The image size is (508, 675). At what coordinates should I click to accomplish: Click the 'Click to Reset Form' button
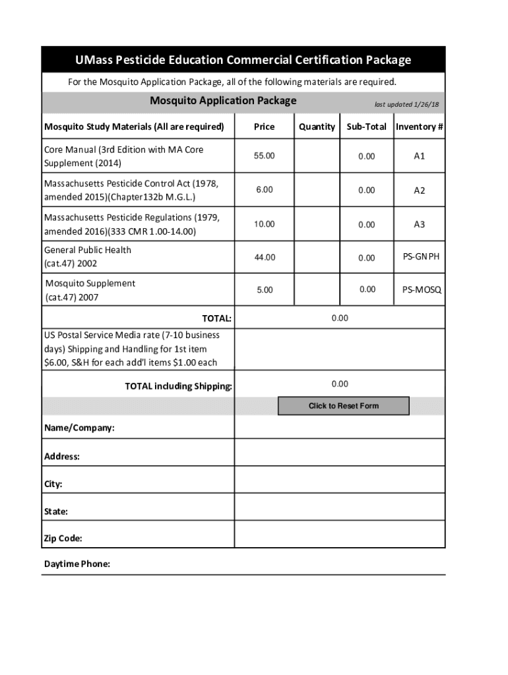pos(343,406)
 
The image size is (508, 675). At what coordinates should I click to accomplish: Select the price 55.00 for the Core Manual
pos(265,156)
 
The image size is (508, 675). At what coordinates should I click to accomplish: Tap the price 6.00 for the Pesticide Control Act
pos(265,190)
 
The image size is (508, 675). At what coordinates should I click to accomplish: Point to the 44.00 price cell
pos(265,257)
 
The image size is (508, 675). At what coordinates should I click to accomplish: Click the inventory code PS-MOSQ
pos(422,290)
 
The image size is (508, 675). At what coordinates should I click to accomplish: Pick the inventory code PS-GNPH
pos(422,257)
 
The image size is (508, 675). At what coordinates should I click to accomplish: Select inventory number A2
pos(420,191)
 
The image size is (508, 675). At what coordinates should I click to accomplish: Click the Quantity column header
pos(317,127)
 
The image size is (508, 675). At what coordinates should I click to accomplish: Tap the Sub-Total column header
pos(367,127)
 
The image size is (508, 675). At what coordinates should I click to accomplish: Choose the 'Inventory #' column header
pos(420,127)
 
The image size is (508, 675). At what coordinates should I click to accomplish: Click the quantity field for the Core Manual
pos(317,156)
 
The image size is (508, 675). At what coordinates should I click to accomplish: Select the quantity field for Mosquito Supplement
pos(317,290)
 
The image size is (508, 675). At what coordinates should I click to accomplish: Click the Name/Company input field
pos(340,428)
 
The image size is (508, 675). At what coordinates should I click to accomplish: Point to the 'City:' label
pos(53,484)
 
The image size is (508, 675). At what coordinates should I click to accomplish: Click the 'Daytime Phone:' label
pos(77,564)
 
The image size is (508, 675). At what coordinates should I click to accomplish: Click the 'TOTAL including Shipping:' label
pos(178,386)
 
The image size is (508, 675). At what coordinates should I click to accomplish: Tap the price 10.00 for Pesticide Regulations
pos(265,224)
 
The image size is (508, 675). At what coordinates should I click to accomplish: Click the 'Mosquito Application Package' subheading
pos(223,101)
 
